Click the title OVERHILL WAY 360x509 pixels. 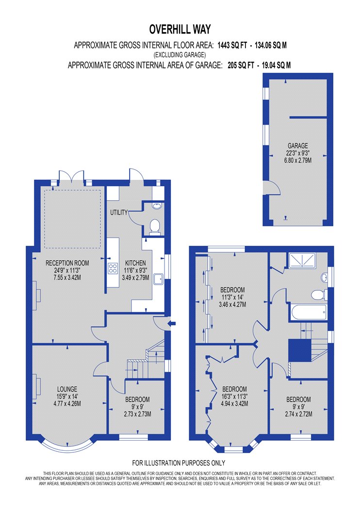point(180,30)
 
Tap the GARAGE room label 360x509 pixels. point(297,146)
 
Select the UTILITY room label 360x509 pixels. point(119,212)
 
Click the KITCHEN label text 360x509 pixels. point(135,263)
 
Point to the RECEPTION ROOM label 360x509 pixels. point(67,263)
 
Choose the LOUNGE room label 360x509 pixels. point(67,389)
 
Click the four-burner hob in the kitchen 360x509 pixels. point(113,268)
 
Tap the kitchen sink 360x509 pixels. point(159,279)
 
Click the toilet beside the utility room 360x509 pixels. point(155,226)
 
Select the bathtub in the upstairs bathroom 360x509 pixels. point(309,313)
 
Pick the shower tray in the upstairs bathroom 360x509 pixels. point(302,261)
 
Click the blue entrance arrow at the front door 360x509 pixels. point(172,323)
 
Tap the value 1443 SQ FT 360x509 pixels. point(232,45)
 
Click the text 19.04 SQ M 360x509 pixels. point(276,65)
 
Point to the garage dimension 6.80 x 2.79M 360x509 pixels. point(297,160)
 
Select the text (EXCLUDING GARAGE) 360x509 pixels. point(180,55)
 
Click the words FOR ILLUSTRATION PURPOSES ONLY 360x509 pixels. point(179,463)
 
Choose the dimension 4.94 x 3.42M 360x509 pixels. point(235,404)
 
